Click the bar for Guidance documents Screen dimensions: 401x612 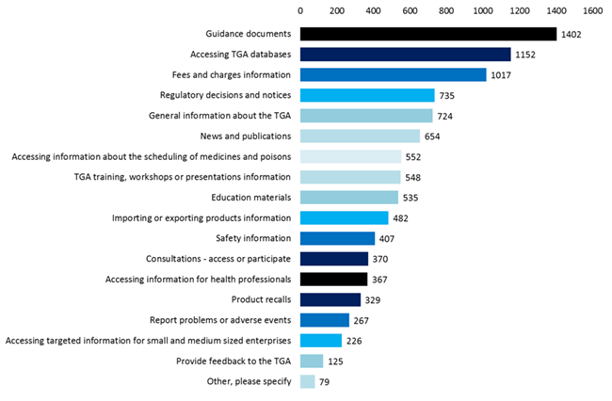(x=428, y=34)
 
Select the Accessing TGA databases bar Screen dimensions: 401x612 (x=405, y=55)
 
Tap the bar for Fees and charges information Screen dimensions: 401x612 (x=393, y=74)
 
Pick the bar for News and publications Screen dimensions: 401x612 (x=360, y=136)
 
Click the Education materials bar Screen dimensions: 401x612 (x=349, y=198)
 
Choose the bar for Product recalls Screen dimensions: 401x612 (x=330, y=299)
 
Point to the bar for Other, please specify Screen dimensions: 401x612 (x=307, y=381)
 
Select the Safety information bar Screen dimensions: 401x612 (x=337, y=238)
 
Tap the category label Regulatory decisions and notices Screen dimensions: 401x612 (x=225, y=95)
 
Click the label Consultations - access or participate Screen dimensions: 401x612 (x=218, y=259)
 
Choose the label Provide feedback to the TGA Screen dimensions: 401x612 (x=234, y=361)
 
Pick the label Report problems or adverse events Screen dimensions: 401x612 (x=220, y=320)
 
